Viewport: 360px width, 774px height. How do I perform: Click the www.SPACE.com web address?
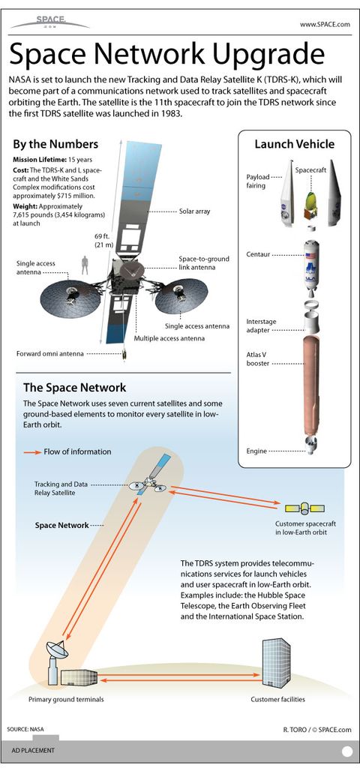click(325, 25)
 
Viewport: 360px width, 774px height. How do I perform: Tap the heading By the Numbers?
click(55, 144)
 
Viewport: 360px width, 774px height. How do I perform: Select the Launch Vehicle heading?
click(294, 144)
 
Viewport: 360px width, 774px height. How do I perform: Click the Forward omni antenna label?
click(50, 353)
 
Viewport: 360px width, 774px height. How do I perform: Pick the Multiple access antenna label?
click(169, 338)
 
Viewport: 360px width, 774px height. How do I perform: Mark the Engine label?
click(257, 451)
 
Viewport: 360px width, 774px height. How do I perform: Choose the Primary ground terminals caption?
click(66, 700)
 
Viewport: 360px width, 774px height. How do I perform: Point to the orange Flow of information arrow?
click(34, 451)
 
